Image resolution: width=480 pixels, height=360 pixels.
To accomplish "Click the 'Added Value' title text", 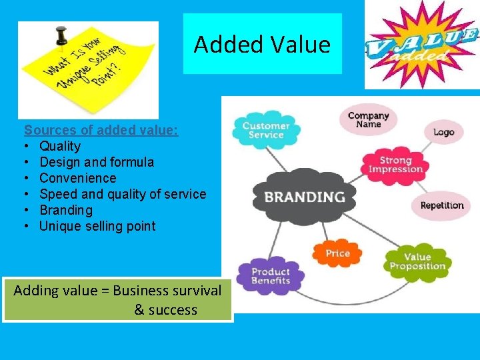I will pyautogui.click(x=262, y=45).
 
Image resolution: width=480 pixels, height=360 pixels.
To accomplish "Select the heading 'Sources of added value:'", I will pyautogui.click(x=101, y=130).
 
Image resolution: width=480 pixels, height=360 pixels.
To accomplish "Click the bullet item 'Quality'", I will pyautogui.click(x=60, y=146).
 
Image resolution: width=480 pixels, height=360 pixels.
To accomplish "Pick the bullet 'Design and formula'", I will pyautogui.click(x=97, y=162).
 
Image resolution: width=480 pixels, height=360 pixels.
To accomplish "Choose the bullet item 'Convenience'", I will pyautogui.click(x=78, y=178).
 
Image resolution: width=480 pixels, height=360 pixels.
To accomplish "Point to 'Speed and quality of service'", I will pyautogui.click(x=123, y=194).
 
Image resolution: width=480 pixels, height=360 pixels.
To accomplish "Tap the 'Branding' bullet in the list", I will pyautogui.click(x=66, y=210).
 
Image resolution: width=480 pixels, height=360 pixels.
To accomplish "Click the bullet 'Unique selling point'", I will pyautogui.click(x=97, y=226).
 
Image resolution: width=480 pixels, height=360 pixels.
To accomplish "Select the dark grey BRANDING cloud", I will pyautogui.click(x=305, y=197).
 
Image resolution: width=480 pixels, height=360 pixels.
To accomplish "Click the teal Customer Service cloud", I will pyautogui.click(x=265, y=129).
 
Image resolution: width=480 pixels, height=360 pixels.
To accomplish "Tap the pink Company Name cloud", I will pyautogui.click(x=369, y=120).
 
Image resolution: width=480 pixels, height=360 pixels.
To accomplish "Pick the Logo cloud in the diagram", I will pyautogui.click(x=443, y=132).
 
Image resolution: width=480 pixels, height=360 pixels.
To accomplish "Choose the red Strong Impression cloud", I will pyautogui.click(x=396, y=165).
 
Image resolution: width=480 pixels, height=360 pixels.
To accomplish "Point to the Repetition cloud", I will pyautogui.click(x=441, y=205).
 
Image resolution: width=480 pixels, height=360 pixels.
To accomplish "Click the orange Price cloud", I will pyautogui.click(x=337, y=253).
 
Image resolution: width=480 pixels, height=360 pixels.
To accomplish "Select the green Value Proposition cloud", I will pyautogui.click(x=418, y=262).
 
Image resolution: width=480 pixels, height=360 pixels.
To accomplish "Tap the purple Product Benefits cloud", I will pyautogui.click(x=270, y=276).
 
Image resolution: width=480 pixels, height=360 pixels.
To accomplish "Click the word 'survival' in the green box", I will pyautogui.click(x=197, y=291).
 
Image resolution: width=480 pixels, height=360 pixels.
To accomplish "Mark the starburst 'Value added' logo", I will pyautogui.click(x=421, y=45).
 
